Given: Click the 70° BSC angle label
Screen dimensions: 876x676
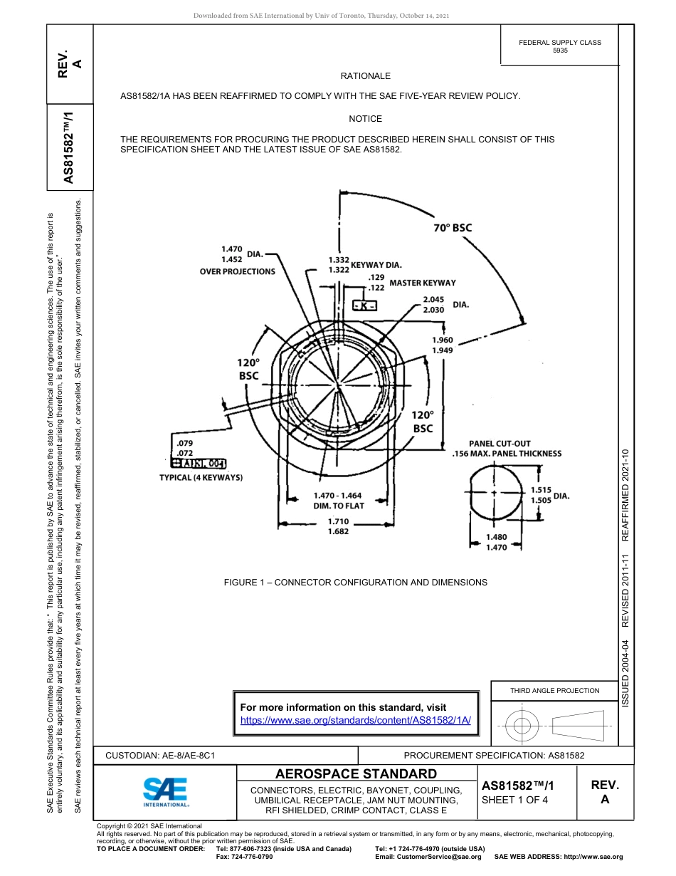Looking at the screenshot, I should (453, 228).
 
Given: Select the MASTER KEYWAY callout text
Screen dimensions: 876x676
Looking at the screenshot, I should (422, 283).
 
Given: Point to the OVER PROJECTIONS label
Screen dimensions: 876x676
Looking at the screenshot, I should (237, 271).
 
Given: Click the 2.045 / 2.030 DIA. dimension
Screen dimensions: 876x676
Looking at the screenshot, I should (445, 304).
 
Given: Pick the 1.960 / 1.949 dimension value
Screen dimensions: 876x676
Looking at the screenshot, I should (442, 345).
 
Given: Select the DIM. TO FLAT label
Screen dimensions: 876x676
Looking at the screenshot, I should (339, 506).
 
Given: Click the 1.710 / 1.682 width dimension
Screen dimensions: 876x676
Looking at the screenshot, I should (338, 526).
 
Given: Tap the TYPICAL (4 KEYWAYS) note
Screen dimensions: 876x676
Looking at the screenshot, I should (201, 477).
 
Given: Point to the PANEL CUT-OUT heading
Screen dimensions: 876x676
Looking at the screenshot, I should (499, 444).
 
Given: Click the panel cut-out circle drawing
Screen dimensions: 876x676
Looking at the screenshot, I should (493, 492).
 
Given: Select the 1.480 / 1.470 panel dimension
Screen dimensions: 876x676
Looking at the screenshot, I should (496, 542).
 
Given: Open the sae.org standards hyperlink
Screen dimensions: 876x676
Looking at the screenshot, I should (356, 720).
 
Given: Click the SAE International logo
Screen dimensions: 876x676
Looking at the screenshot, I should (165, 790).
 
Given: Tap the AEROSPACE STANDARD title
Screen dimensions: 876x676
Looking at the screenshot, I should (356, 774).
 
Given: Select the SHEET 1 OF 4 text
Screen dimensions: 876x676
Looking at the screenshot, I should (514, 799).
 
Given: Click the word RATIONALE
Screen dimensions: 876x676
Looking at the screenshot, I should (365, 76).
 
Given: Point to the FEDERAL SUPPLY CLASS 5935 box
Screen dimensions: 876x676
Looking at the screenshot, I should (559, 46).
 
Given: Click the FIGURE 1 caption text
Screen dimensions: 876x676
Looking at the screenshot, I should (355, 583).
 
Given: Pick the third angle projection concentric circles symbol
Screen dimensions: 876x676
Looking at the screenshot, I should (522, 726).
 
